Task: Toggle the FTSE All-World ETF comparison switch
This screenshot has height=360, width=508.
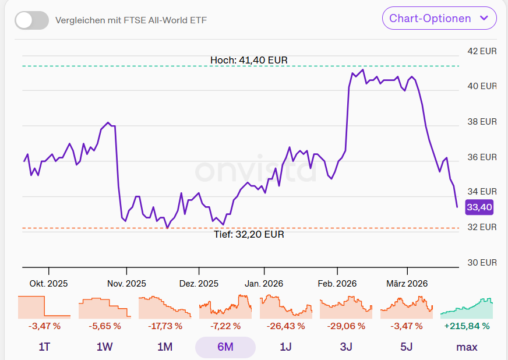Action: [x=31, y=20]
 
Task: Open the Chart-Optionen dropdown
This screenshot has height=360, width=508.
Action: [x=439, y=18]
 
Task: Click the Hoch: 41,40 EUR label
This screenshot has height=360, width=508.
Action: [x=249, y=60]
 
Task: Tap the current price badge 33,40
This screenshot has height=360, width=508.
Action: [x=479, y=207]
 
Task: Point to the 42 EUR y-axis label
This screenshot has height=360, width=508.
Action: [x=482, y=51]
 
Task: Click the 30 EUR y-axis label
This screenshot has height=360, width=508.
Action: [x=482, y=262]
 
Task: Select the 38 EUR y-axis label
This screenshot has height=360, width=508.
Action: [x=482, y=122]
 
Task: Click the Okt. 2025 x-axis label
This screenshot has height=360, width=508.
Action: [x=48, y=284]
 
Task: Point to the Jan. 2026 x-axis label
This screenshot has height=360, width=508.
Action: [x=264, y=284]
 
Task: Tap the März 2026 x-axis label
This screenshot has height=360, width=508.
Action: [x=407, y=284]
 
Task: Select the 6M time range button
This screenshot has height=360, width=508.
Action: [x=225, y=347]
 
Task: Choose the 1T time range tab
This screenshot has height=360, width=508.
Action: [x=44, y=347]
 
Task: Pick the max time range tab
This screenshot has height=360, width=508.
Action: [x=467, y=347]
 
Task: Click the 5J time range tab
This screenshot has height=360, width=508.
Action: [x=406, y=347]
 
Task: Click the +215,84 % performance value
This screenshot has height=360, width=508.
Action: [x=467, y=326]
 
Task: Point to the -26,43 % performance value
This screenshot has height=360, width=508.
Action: [x=285, y=326]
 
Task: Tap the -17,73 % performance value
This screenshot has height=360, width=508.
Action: [x=165, y=326]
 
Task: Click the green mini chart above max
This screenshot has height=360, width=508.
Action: [x=467, y=307]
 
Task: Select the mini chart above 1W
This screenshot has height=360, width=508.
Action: [x=104, y=307]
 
